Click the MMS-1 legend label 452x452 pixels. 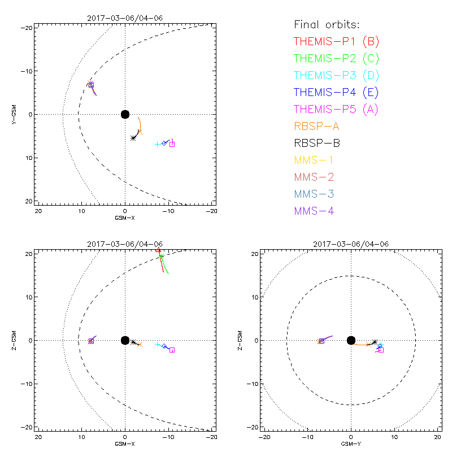(x=314, y=160)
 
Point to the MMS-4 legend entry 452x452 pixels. (x=314, y=211)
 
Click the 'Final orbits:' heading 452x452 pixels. (x=327, y=24)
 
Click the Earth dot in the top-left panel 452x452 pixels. (x=125, y=114)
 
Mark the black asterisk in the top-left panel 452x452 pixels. (x=133, y=138)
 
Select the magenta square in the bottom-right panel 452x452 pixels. (x=381, y=350)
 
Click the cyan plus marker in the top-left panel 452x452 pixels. (x=157, y=145)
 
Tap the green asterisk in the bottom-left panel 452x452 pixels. (x=162, y=257)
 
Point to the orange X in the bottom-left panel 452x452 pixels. (x=140, y=344)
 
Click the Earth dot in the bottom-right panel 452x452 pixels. (x=351, y=340)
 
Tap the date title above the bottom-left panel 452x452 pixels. (x=125, y=244)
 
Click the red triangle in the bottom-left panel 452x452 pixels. (x=159, y=249)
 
